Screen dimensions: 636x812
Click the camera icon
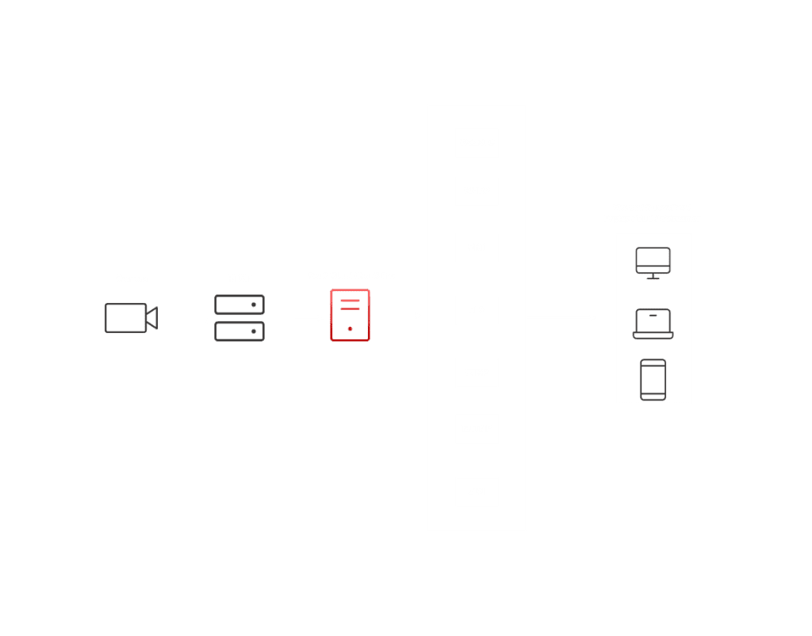[131, 318]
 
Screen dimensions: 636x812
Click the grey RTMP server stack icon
[239, 318]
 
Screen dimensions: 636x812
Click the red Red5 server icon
[350, 316]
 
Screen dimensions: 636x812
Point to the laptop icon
[653, 324]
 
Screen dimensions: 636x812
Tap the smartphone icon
[653, 379]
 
